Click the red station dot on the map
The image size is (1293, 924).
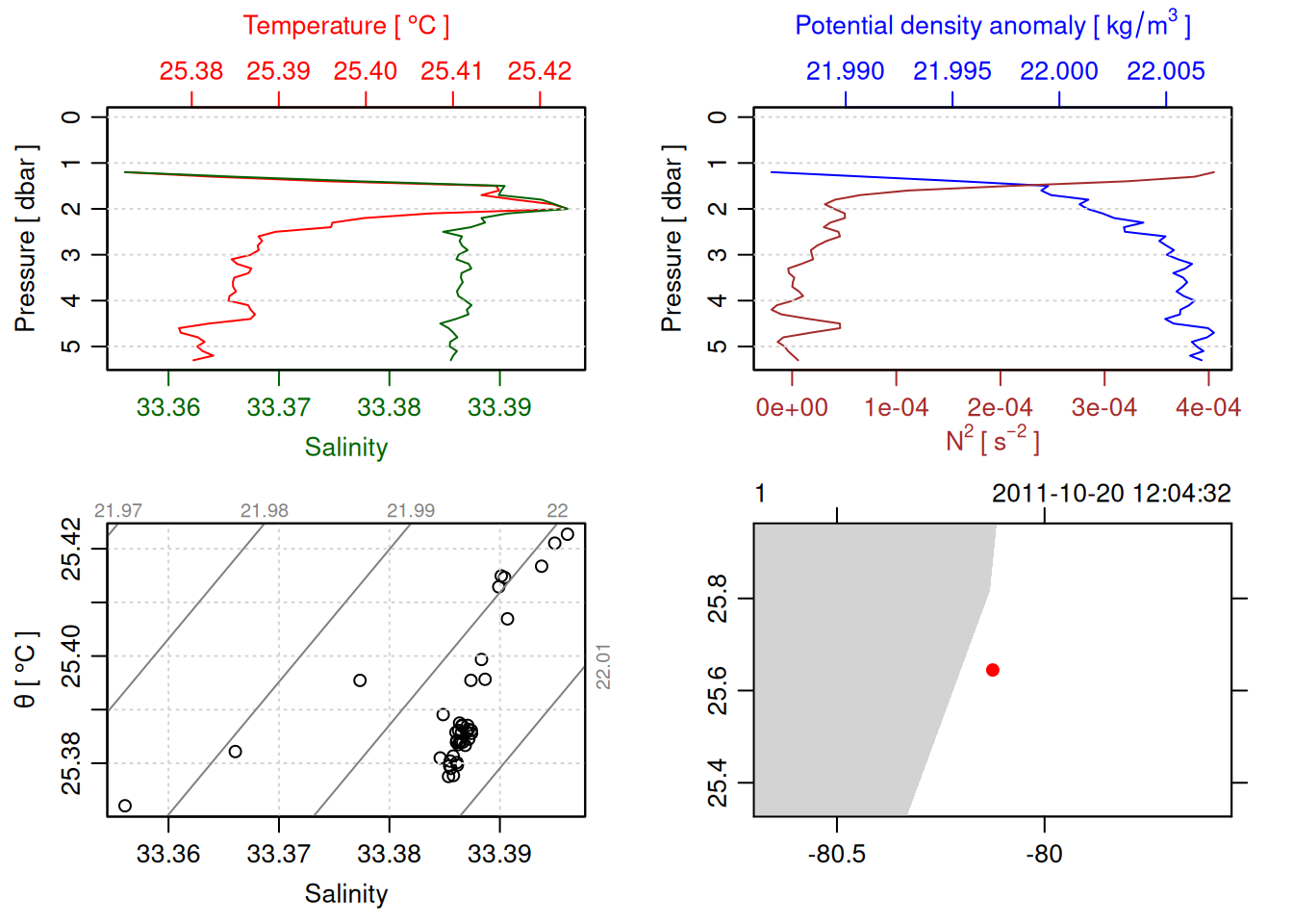pyautogui.click(x=993, y=670)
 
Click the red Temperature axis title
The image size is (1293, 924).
pyautogui.click(x=345, y=26)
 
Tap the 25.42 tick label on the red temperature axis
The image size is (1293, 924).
pyautogui.click(x=540, y=71)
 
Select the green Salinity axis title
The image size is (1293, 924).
pyautogui.click(x=346, y=448)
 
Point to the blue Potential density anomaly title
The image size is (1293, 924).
pyautogui.click(x=992, y=26)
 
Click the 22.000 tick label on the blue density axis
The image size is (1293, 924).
pyautogui.click(x=1059, y=71)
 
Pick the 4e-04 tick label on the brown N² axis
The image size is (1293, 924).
pyautogui.click(x=1208, y=408)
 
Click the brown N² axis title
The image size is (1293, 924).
pyautogui.click(x=992, y=440)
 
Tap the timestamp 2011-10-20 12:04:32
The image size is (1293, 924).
pyautogui.click(x=1111, y=494)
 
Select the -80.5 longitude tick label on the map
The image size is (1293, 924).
pyautogui.click(x=837, y=855)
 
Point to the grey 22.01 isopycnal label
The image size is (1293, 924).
pyautogui.click(x=603, y=666)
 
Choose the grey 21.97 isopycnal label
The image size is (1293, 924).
pyautogui.click(x=118, y=511)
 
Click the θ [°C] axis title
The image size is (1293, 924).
pyautogui.click(x=26, y=670)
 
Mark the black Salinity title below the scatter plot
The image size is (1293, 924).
pyautogui.click(x=346, y=894)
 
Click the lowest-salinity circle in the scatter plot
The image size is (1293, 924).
pyautogui.click(x=125, y=806)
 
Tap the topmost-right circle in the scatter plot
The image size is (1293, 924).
pyautogui.click(x=568, y=534)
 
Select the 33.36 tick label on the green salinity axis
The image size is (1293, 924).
pyautogui.click(x=168, y=408)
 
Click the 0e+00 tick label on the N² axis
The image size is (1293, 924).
pyautogui.click(x=792, y=408)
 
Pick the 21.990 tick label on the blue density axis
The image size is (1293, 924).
pyautogui.click(x=846, y=71)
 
